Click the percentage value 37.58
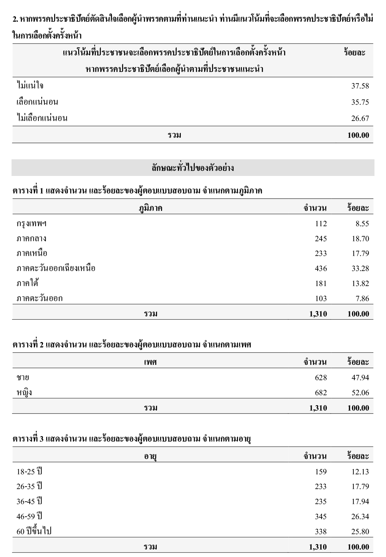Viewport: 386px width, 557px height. coord(360,86)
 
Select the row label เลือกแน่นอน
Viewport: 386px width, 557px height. coord(37,102)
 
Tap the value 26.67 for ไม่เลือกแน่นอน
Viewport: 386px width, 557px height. coord(360,118)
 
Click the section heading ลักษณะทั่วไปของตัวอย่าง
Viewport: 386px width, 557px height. coord(193,168)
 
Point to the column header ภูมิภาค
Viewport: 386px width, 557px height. coord(150,208)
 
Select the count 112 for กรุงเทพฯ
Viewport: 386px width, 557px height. coord(321,224)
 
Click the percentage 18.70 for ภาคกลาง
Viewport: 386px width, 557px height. coord(360,239)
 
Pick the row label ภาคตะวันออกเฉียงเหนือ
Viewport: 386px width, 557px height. coord(56,268)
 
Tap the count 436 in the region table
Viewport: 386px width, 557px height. coord(321,269)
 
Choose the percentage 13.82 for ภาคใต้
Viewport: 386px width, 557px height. coord(360,284)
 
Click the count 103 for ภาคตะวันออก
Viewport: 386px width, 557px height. coord(321,299)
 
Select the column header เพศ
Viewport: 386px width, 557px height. coord(150,362)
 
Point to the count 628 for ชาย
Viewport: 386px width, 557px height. coord(321,378)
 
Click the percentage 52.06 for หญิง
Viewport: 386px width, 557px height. coord(360,393)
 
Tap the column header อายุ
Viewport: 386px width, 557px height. coord(150,457)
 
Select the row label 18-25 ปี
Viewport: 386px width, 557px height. coord(29,472)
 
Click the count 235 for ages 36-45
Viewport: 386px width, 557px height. coord(321,502)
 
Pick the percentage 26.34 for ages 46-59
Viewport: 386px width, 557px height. coord(360,517)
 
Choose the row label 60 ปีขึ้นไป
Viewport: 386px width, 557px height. coord(34,531)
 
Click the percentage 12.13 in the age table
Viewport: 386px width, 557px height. coord(360,472)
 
